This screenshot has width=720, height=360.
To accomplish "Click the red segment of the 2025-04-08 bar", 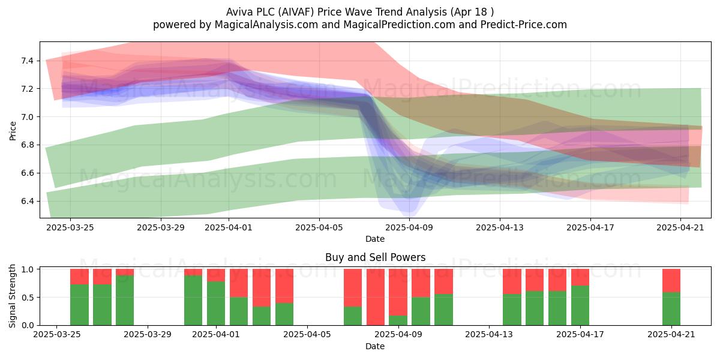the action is (376, 297).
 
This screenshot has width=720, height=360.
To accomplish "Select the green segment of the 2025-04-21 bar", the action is (671, 308).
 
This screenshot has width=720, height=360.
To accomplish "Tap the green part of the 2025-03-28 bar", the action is (125, 300).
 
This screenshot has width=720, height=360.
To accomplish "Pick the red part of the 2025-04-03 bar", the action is (262, 287).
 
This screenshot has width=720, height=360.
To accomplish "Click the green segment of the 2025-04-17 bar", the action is (580, 305).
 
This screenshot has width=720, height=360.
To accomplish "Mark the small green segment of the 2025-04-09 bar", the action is (398, 320).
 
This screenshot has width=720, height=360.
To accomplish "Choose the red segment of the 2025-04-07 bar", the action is (353, 287).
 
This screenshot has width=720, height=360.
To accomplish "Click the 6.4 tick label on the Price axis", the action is (28, 202).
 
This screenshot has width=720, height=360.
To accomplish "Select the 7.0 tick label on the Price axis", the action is (28, 117).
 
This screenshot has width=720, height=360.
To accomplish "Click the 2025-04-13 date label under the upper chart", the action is (499, 227).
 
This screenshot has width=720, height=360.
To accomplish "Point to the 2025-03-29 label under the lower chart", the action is (148, 335).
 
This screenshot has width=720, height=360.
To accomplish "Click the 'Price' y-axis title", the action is (13, 131).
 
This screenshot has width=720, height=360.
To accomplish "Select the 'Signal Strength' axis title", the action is (12, 296).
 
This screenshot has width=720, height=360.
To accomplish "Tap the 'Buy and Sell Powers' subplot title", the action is (375, 257).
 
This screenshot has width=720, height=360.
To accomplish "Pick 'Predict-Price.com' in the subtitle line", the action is (524, 25).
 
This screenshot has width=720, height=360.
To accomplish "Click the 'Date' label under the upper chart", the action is (375, 239).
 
